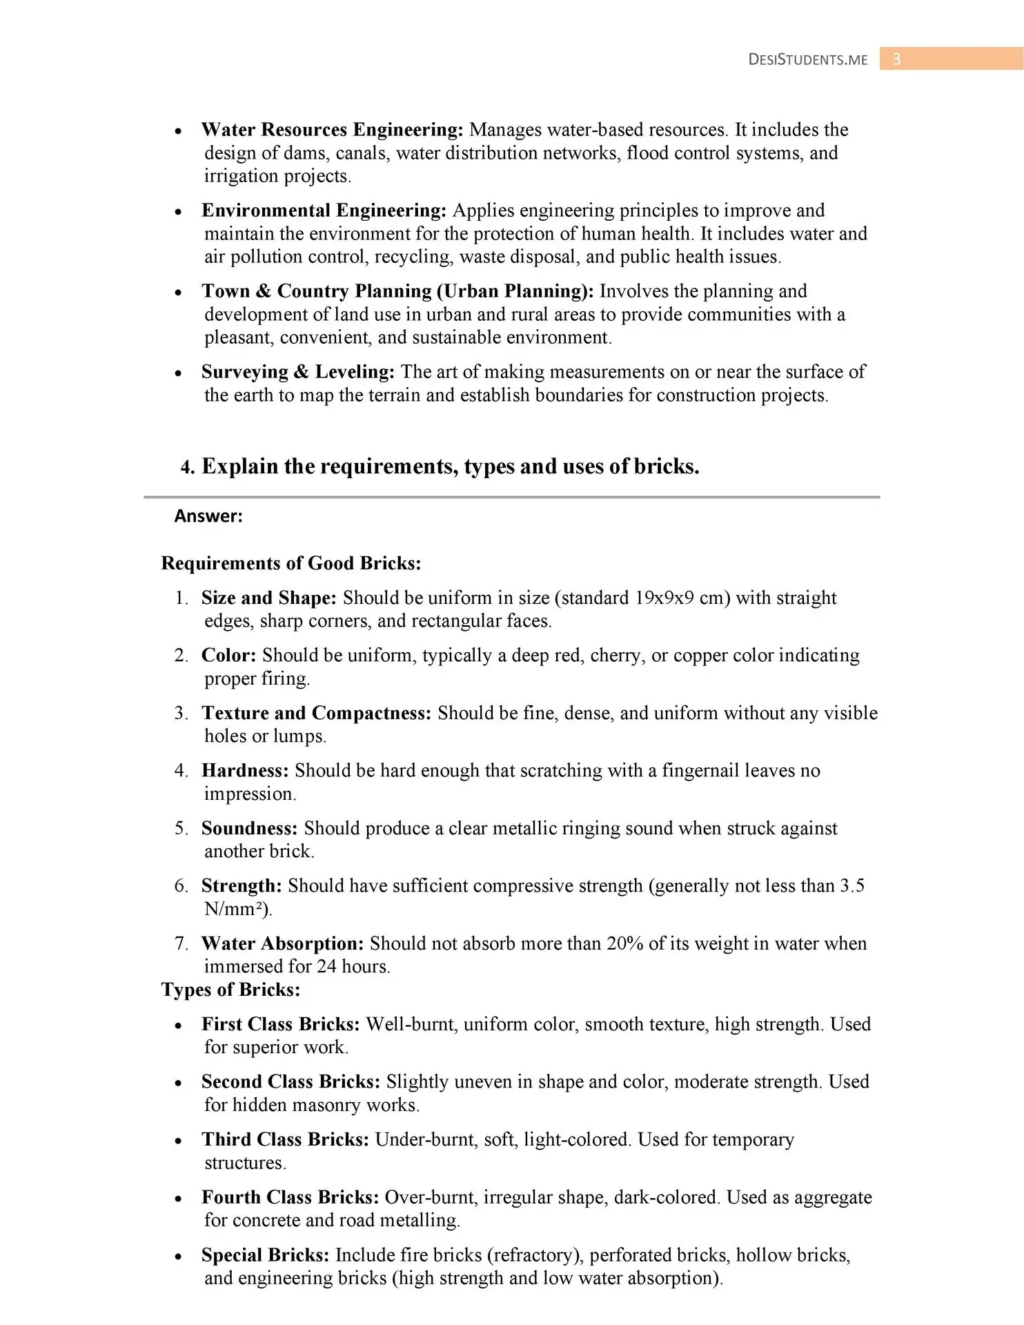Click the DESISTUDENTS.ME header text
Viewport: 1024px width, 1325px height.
(807, 59)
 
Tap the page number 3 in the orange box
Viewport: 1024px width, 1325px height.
(896, 59)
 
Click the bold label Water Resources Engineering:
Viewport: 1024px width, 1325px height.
(332, 130)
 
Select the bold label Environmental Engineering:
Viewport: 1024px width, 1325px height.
(324, 210)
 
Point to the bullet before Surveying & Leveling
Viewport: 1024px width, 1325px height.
(178, 373)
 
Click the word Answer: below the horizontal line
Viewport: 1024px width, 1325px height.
(208, 516)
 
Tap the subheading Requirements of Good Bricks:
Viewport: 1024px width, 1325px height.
(291, 563)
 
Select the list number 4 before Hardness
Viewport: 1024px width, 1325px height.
(180, 770)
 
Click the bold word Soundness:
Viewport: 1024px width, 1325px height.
(249, 828)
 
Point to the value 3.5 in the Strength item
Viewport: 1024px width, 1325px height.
(851, 885)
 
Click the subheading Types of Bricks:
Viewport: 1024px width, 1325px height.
(230, 990)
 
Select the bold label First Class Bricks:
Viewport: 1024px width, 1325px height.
(280, 1024)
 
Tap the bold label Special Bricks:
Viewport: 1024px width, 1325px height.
(265, 1255)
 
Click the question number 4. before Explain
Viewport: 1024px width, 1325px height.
(188, 467)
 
